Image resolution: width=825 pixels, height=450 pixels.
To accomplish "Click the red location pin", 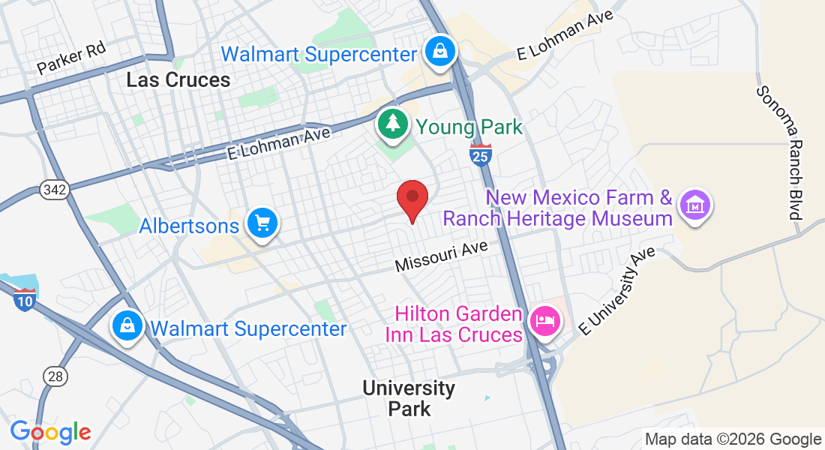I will point(412,199).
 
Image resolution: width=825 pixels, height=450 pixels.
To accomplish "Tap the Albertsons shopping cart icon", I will point(262,223).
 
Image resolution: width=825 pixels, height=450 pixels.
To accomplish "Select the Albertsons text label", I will point(189,225).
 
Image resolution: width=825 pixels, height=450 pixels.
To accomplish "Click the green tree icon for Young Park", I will point(391,125).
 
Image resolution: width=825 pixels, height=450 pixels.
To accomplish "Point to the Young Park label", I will point(469,127).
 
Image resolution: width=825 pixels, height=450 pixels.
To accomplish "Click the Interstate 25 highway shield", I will point(481,154).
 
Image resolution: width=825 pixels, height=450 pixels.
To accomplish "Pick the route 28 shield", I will point(55,376).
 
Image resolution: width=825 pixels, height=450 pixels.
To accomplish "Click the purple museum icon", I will point(694,205).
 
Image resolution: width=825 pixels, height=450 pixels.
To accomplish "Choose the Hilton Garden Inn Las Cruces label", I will point(454,324).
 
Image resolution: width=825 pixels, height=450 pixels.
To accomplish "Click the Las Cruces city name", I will point(178,79).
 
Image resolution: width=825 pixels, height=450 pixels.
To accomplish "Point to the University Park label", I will point(409,398).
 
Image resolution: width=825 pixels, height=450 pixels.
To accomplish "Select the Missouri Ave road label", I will point(441,256).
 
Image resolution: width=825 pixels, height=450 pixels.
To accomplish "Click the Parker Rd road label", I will point(71,58).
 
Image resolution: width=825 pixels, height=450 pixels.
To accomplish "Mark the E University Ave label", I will point(616,290).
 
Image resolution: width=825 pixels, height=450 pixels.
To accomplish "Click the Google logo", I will point(50,432).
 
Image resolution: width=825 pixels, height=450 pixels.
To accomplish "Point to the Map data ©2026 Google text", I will point(733,439).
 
